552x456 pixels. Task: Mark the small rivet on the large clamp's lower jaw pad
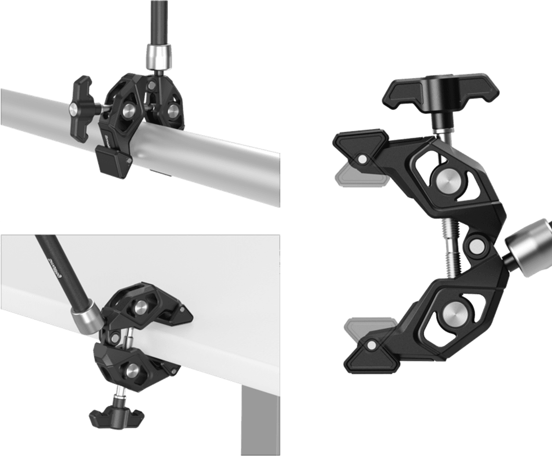pyautogui.click(x=370, y=344)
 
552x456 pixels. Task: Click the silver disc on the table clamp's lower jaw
pyautogui.click(x=131, y=369)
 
